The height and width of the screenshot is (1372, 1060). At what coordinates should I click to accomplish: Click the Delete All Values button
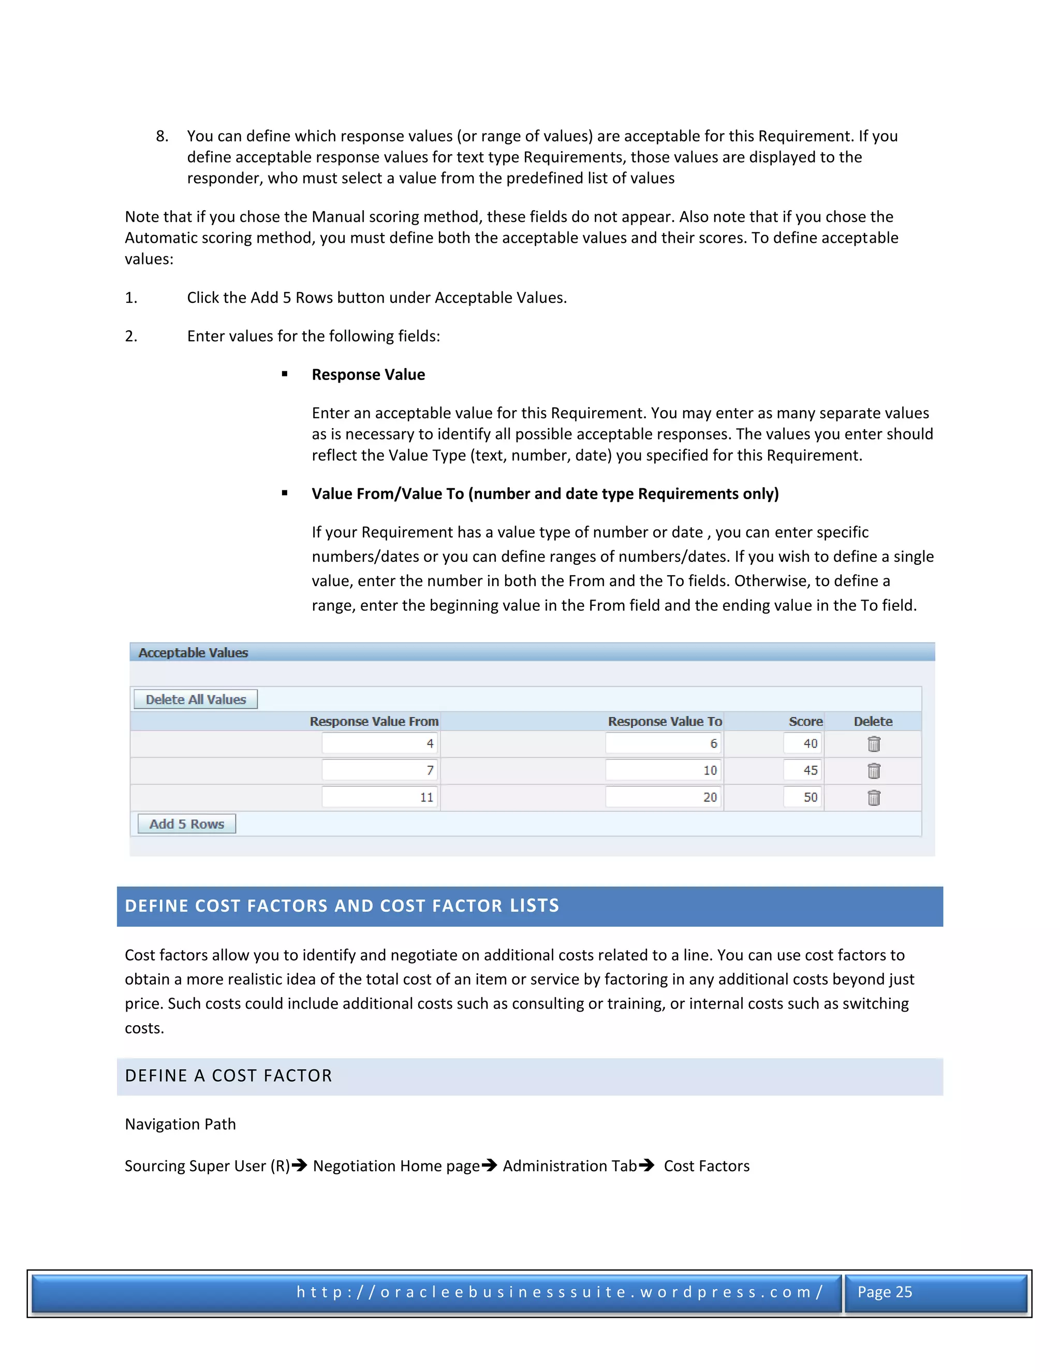tap(195, 699)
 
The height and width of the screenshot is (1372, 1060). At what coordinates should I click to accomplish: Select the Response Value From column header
tap(374, 721)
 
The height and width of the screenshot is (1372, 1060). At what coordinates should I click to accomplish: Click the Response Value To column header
tap(665, 721)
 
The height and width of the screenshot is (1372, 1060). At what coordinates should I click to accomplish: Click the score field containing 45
tap(803, 770)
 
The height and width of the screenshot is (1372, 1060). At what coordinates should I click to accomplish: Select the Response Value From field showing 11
tap(380, 797)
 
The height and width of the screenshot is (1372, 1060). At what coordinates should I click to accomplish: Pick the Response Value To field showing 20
tap(663, 797)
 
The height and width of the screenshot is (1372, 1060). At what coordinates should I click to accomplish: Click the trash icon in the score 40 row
tap(874, 744)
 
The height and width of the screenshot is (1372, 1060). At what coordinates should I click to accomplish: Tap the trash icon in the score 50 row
tap(874, 798)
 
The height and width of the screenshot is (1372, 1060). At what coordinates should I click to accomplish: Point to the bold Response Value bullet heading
tap(368, 374)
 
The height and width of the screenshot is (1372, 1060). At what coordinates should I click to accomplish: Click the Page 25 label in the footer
tap(884, 1292)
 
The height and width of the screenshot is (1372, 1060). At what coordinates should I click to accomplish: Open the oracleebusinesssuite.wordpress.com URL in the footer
tap(559, 1292)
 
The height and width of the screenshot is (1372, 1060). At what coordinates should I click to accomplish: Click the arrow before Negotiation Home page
tap(300, 1165)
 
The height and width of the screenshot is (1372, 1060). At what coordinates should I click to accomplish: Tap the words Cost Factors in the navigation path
tap(706, 1166)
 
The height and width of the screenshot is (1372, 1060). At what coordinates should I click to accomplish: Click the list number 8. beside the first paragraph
tap(162, 136)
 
